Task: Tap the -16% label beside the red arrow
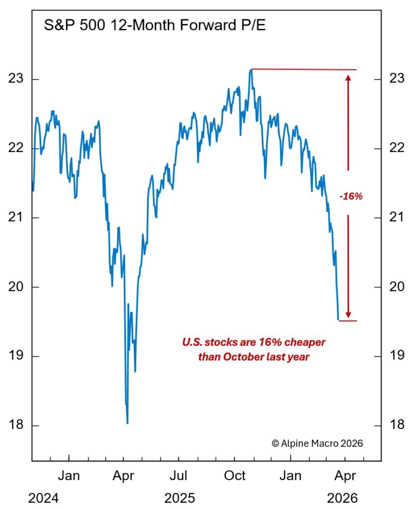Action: (351, 196)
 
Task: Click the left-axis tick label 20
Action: (17, 287)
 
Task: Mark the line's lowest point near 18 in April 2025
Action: (128, 423)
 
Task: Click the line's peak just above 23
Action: (251, 70)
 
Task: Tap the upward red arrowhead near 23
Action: (348, 77)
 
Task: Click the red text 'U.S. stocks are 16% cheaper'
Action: (254, 342)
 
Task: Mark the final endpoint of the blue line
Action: (338, 320)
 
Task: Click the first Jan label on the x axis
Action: (69, 476)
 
